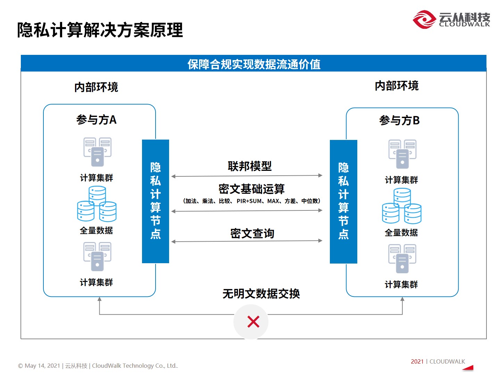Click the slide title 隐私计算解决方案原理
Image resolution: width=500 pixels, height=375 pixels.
click(x=100, y=30)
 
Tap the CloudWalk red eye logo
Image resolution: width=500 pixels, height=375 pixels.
click(x=424, y=19)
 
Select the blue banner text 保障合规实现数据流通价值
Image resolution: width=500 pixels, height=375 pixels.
click(x=253, y=64)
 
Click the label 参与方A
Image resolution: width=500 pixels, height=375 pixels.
click(x=97, y=120)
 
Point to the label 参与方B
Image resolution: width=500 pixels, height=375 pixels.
click(x=399, y=120)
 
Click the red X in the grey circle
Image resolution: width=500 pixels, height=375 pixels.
click(x=253, y=322)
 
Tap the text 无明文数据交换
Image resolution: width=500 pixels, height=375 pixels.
click(x=261, y=294)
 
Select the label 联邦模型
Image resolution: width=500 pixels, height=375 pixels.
click(x=250, y=166)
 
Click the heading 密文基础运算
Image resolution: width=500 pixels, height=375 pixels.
click(x=251, y=189)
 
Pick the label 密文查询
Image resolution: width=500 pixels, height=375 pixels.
click(x=252, y=233)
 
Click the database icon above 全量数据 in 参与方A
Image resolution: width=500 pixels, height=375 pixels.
click(x=97, y=205)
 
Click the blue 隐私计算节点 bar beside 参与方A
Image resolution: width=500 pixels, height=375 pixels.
click(x=156, y=201)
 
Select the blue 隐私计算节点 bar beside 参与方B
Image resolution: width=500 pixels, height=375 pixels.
click(x=343, y=201)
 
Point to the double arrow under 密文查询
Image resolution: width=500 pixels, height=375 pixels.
click(x=247, y=241)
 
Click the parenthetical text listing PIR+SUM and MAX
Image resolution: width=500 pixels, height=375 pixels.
click(x=251, y=201)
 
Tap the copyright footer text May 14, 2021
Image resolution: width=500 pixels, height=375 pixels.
click(x=98, y=366)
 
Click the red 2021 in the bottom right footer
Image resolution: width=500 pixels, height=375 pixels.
click(x=417, y=361)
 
